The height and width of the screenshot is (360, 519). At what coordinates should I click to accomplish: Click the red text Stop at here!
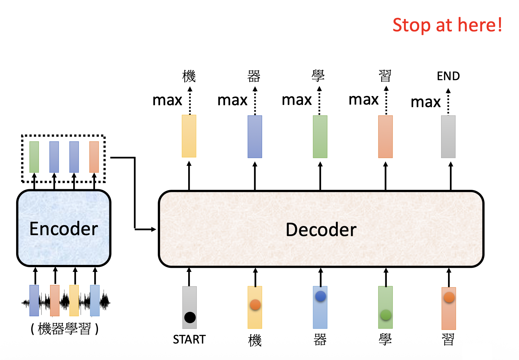coord(447,25)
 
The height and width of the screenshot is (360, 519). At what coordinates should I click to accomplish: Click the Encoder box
coord(64,228)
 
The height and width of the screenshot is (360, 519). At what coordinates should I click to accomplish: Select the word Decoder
coord(321,229)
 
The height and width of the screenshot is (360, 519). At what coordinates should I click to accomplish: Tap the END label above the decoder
coord(448,76)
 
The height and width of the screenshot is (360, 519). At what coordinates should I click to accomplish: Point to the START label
coord(189,339)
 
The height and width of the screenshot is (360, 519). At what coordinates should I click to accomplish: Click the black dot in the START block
coord(190,317)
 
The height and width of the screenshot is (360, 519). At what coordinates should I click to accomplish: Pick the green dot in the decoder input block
coord(386,315)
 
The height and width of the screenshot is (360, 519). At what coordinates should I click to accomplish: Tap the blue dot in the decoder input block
coord(320,296)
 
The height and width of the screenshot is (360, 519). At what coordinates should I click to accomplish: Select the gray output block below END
coord(448,137)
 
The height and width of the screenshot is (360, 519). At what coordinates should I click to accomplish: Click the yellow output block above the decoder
coord(189,136)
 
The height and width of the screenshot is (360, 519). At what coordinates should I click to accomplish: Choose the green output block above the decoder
coord(320,137)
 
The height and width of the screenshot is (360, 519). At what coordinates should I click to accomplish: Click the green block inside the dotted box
coord(34,157)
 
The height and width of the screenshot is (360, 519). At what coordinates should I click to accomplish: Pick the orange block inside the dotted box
coord(94,157)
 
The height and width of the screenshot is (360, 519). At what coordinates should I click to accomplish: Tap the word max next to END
coord(426,102)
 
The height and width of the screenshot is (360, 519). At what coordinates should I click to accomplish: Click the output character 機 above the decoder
coord(189,76)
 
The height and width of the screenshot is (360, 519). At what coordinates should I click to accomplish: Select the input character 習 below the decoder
coord(448,339)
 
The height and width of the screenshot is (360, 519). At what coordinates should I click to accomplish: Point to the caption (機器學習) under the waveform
coord(64,329)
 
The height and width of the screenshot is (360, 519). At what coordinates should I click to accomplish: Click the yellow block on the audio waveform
coord(74,300)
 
